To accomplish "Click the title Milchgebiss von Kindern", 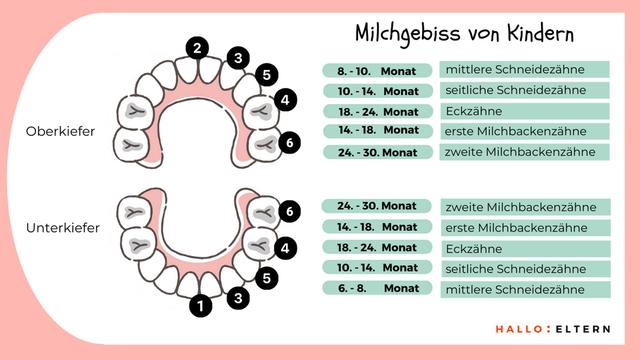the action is (x=465, y=33).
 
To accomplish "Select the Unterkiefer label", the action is (x=63, y=229).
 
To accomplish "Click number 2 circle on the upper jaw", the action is (x=198, y=47).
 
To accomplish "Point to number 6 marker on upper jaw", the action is (x=289, y=143).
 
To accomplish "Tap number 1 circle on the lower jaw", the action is (x=201, y=306).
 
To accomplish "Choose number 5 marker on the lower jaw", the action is (x=265, y=276).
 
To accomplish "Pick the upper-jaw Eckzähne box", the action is (x=526, y=111).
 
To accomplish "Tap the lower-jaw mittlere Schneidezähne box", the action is (x=526, y=289).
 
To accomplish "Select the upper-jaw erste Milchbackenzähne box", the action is (x=526, y=131).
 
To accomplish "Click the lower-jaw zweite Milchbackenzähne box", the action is (x=526, y=207).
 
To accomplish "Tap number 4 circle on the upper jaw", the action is (x=286, y=100).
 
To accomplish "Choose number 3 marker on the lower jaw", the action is (x=237, y=297).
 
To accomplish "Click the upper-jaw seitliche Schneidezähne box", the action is (x=526, y=91).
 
